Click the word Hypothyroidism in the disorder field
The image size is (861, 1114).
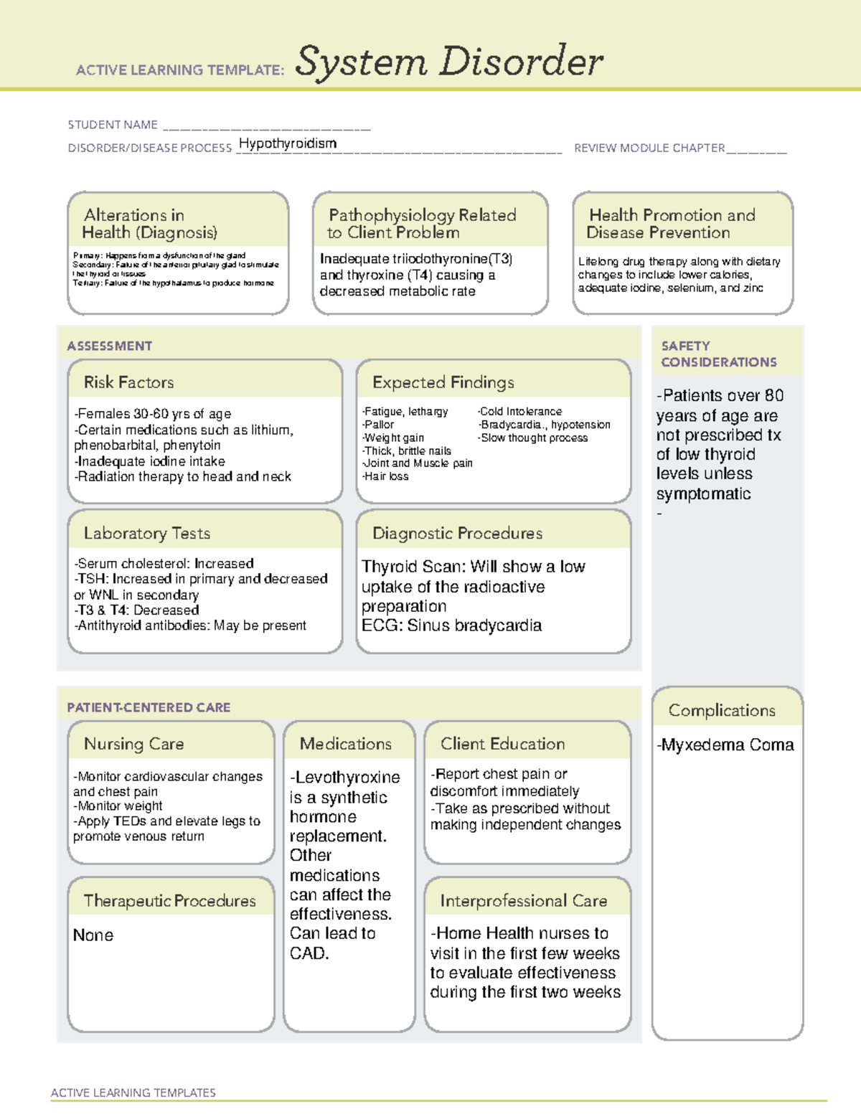click(287, 143)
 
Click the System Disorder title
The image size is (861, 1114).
click(449, 62)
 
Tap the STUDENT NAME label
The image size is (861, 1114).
click(113, 125)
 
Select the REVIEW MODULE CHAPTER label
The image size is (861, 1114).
click(649, 148)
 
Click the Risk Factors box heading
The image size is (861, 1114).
click(129, 382)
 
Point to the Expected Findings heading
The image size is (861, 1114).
click(443, 382)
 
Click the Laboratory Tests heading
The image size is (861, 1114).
click(147, 534)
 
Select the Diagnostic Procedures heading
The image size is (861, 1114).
click(457, 534)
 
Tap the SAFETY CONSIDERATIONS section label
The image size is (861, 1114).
click(718, 354)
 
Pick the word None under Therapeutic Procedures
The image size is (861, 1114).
click(93, 935)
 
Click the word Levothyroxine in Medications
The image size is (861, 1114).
click(348, 778)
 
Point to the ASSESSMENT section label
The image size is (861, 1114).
click(110, 346)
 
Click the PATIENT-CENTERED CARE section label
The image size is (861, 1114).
click(149, 708)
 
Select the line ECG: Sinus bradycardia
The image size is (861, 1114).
click(451, 626)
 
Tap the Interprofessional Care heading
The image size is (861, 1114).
click(524, 901)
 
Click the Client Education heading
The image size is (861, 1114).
click(503, 745)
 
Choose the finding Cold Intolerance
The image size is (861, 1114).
click(521, 412)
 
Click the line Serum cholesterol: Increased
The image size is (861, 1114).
click(165, 564)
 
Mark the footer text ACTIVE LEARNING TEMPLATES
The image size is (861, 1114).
click(133, 1092)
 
